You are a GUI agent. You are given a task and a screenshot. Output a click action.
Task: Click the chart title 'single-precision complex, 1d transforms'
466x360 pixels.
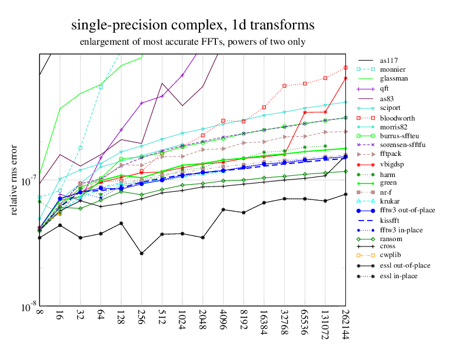192,25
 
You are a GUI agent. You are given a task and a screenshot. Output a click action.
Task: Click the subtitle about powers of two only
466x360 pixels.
192,42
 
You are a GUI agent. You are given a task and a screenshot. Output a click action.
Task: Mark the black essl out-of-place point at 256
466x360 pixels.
142,254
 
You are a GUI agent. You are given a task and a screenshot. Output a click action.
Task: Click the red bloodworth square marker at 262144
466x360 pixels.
345,68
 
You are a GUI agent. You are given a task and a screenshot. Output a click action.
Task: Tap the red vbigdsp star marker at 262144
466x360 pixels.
345,78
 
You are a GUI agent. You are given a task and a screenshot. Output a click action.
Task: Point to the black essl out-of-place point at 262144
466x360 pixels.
345,194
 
